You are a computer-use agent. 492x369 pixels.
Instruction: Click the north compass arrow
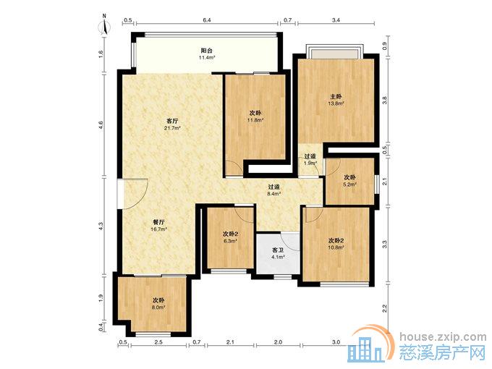click(105, 27)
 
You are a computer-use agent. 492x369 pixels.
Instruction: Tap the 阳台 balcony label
click(207, 51)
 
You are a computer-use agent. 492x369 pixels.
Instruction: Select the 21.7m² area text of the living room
click(173, 128)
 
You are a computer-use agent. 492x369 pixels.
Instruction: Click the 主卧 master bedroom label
click(336, 96)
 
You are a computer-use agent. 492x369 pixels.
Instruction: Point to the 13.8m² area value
click(336, 103)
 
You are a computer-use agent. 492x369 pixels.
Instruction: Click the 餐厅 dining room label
click(158, 222)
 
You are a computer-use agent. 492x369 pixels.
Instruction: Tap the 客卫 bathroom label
click(278, 250)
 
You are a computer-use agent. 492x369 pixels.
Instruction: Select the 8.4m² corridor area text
click(273, 194)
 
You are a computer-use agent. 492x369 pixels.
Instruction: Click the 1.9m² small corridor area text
click(310, 164)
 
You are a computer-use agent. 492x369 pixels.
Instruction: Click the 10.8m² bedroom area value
click(336, 247)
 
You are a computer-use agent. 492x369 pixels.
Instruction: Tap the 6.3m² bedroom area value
click(230, 241)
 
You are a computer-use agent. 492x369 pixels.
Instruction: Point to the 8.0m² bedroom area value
click(158, 307)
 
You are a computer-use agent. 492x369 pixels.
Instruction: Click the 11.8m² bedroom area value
click(255, 120)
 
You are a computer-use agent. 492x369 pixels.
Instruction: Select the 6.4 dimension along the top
click(207, 20)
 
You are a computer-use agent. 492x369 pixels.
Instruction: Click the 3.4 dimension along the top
click(336, 20)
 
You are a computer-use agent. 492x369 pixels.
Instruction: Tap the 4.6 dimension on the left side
click(101, 125)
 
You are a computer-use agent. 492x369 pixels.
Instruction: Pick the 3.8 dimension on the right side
click(385, 100)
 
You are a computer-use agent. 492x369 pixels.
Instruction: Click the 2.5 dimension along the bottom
click(158, 342)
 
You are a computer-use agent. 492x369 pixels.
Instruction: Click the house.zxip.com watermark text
click(443, 337)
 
